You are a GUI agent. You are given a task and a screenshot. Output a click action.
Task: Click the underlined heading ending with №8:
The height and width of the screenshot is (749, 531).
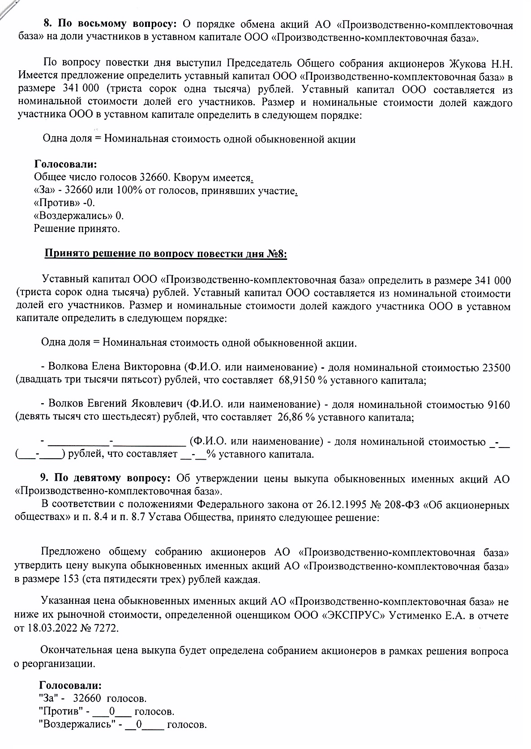pos(166,254)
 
